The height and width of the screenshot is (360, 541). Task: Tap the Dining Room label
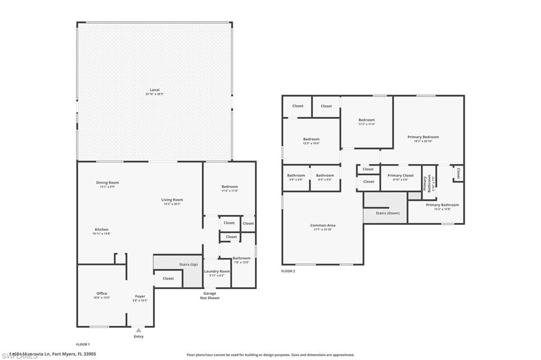tap(107, 183)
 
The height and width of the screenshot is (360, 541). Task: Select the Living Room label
tap(172, 200)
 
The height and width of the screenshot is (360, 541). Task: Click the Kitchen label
tap(101, 230)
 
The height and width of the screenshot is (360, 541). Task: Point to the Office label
tap(101, 293)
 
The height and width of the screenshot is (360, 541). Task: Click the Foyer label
tap(140, 297)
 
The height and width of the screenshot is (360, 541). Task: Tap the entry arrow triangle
tap(138, 330)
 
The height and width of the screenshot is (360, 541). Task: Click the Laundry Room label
tap(217, 271)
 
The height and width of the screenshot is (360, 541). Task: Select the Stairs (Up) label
tap(189, 264)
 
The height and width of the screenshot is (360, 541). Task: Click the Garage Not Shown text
tap(210, 296)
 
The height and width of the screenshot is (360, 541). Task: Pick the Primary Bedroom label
tap(423, 137)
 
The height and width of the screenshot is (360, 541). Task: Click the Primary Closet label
tap(400, 175)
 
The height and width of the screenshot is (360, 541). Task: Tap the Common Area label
tap(323, 225)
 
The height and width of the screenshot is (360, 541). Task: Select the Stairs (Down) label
tap(387, 213)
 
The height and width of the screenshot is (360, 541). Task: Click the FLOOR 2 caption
tap(288, 271)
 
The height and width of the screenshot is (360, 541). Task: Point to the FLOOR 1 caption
tap(83, 344)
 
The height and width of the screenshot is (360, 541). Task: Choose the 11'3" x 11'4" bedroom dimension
tap(366, 124)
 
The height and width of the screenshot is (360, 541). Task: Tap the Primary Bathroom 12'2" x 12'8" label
tap(442, 206)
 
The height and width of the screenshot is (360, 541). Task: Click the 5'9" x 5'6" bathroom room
tap(296, 178)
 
